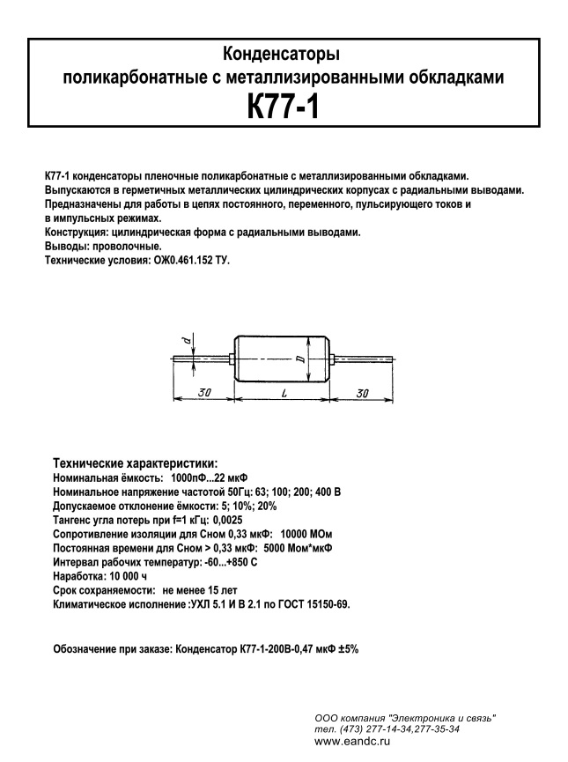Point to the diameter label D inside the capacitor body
300,359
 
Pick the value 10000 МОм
305,534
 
